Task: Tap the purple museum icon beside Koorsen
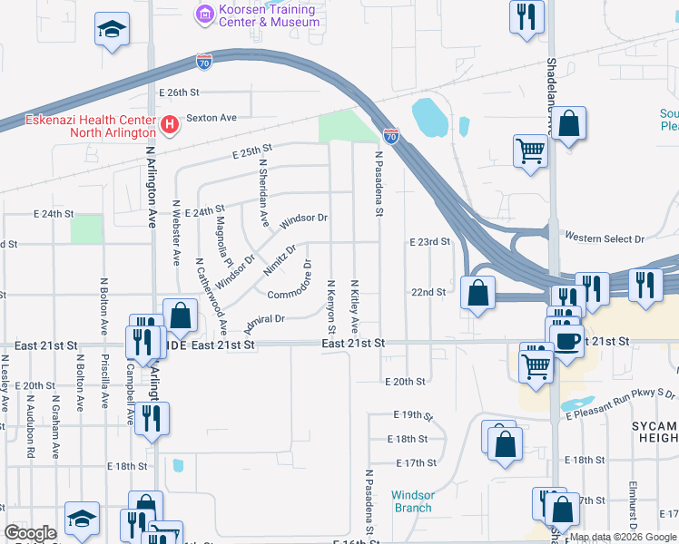coord(204,14)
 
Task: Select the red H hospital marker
coord(167,123)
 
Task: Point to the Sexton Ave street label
coord(211,118)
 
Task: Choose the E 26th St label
coord(178,92)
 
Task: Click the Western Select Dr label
coord(604,238)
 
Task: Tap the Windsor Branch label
coord(412,501)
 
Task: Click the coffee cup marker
coord(567,342)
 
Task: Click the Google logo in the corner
coord(31,533)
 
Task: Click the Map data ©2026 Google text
coord(622,537)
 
